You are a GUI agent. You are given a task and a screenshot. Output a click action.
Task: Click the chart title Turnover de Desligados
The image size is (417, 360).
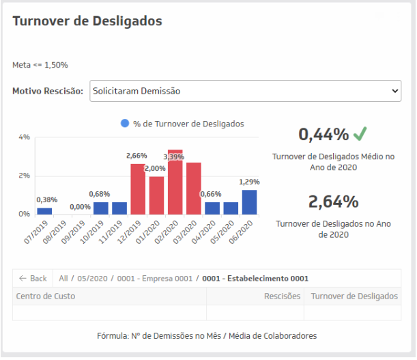(x=87, y=21)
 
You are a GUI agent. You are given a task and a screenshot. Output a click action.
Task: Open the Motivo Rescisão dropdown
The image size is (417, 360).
(x=245, y=90)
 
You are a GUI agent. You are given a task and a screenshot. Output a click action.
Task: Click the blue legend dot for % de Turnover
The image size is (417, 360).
(x=124, y=124)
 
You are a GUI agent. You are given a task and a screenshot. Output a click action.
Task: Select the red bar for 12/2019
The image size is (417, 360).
(x=138, y=189)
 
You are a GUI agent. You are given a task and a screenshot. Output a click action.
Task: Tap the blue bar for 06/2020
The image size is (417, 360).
(x=249, y=202)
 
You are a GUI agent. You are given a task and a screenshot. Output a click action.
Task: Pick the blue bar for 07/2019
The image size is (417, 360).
(x=44, y=211)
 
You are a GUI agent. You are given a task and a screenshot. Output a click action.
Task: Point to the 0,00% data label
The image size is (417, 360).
(x=80, y=207)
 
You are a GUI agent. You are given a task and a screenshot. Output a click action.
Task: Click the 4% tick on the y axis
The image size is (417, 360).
(x=24, y=137)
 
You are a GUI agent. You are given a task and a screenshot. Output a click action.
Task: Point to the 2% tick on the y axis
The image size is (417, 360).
(x=24, y=176)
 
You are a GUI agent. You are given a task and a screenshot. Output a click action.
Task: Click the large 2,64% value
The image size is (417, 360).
(x=333, y=202)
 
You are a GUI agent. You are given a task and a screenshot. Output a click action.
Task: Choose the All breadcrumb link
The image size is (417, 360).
(x=63, y=279)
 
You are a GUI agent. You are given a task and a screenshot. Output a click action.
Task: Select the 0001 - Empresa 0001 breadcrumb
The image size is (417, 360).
(x=155, y=279)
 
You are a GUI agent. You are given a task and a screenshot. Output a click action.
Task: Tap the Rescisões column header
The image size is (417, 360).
(x=282, y=296)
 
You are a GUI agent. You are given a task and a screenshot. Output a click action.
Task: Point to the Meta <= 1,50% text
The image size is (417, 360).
(x=40, y=65)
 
